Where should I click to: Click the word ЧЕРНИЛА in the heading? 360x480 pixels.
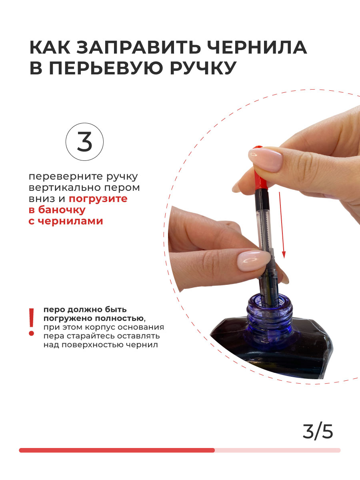(x=257, y=47)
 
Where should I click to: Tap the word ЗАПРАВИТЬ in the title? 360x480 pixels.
(x=138, y=47)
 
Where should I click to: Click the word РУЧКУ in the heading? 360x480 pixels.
(x=203, y=67)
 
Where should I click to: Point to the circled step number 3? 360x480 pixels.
(x=84, y=142)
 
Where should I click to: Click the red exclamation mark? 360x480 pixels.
(x=32, y=322)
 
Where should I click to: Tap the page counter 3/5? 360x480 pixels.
(x=318, y=432)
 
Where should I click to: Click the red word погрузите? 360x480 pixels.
(x=98, y=199)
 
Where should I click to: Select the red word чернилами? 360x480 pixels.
(x=70, y=221)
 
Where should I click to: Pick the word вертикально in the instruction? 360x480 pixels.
(x=65, y=188)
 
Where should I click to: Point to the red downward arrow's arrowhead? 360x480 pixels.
(x=284, y=255)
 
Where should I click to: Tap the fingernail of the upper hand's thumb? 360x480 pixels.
(x=266, y=159)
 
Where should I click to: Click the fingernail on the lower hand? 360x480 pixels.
(x=254, y=261)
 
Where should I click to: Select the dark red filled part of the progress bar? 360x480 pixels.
(x=117, y=450)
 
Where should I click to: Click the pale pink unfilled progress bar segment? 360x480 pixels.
(x=278, y=450)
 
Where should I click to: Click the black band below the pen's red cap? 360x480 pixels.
(x=262, y=199)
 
